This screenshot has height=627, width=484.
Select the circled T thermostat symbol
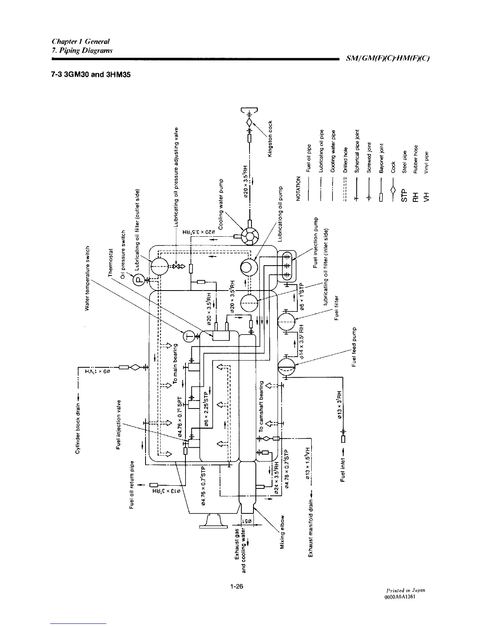tap(189, 337)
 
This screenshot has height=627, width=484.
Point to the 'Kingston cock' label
tap(270, 138)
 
